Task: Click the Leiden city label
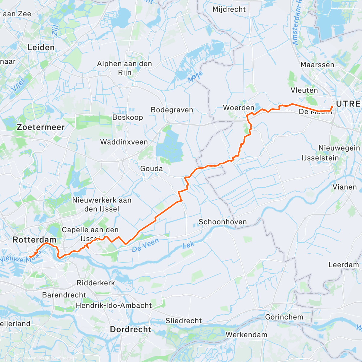click(41, 47)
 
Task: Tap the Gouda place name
click(151, 169)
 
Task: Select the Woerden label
click(239, 108)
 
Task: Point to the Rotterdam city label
click(34, 240)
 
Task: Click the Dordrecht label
click(131, 329)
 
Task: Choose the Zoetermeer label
click(41, 127)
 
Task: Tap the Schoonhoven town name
click(223, 222)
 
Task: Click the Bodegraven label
click(172, 110)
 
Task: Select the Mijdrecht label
click(229, 9)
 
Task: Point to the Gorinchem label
click(284, 317)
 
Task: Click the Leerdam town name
click(344, 265)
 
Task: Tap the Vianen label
click(345, 187)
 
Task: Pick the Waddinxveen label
click(124, 142)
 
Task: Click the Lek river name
click(188, 245)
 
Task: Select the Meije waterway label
click(195, 77)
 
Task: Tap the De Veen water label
click(145, 245)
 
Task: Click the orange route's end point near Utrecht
click(332, 106)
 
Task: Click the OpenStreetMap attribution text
click(63, 358)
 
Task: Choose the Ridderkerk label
click(96, 283)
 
